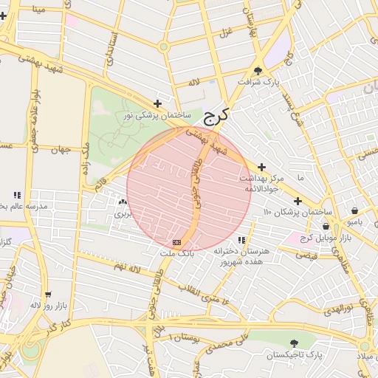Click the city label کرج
coord(216,116)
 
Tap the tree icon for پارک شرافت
coord(257,71)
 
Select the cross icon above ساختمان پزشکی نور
coord(157,104)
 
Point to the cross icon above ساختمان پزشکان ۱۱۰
coord(298,201)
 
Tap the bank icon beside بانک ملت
coord(176,242)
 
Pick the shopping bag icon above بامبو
coord(355,210)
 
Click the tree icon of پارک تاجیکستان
coord(295,343)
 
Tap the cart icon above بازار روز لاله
coord(48,294)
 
